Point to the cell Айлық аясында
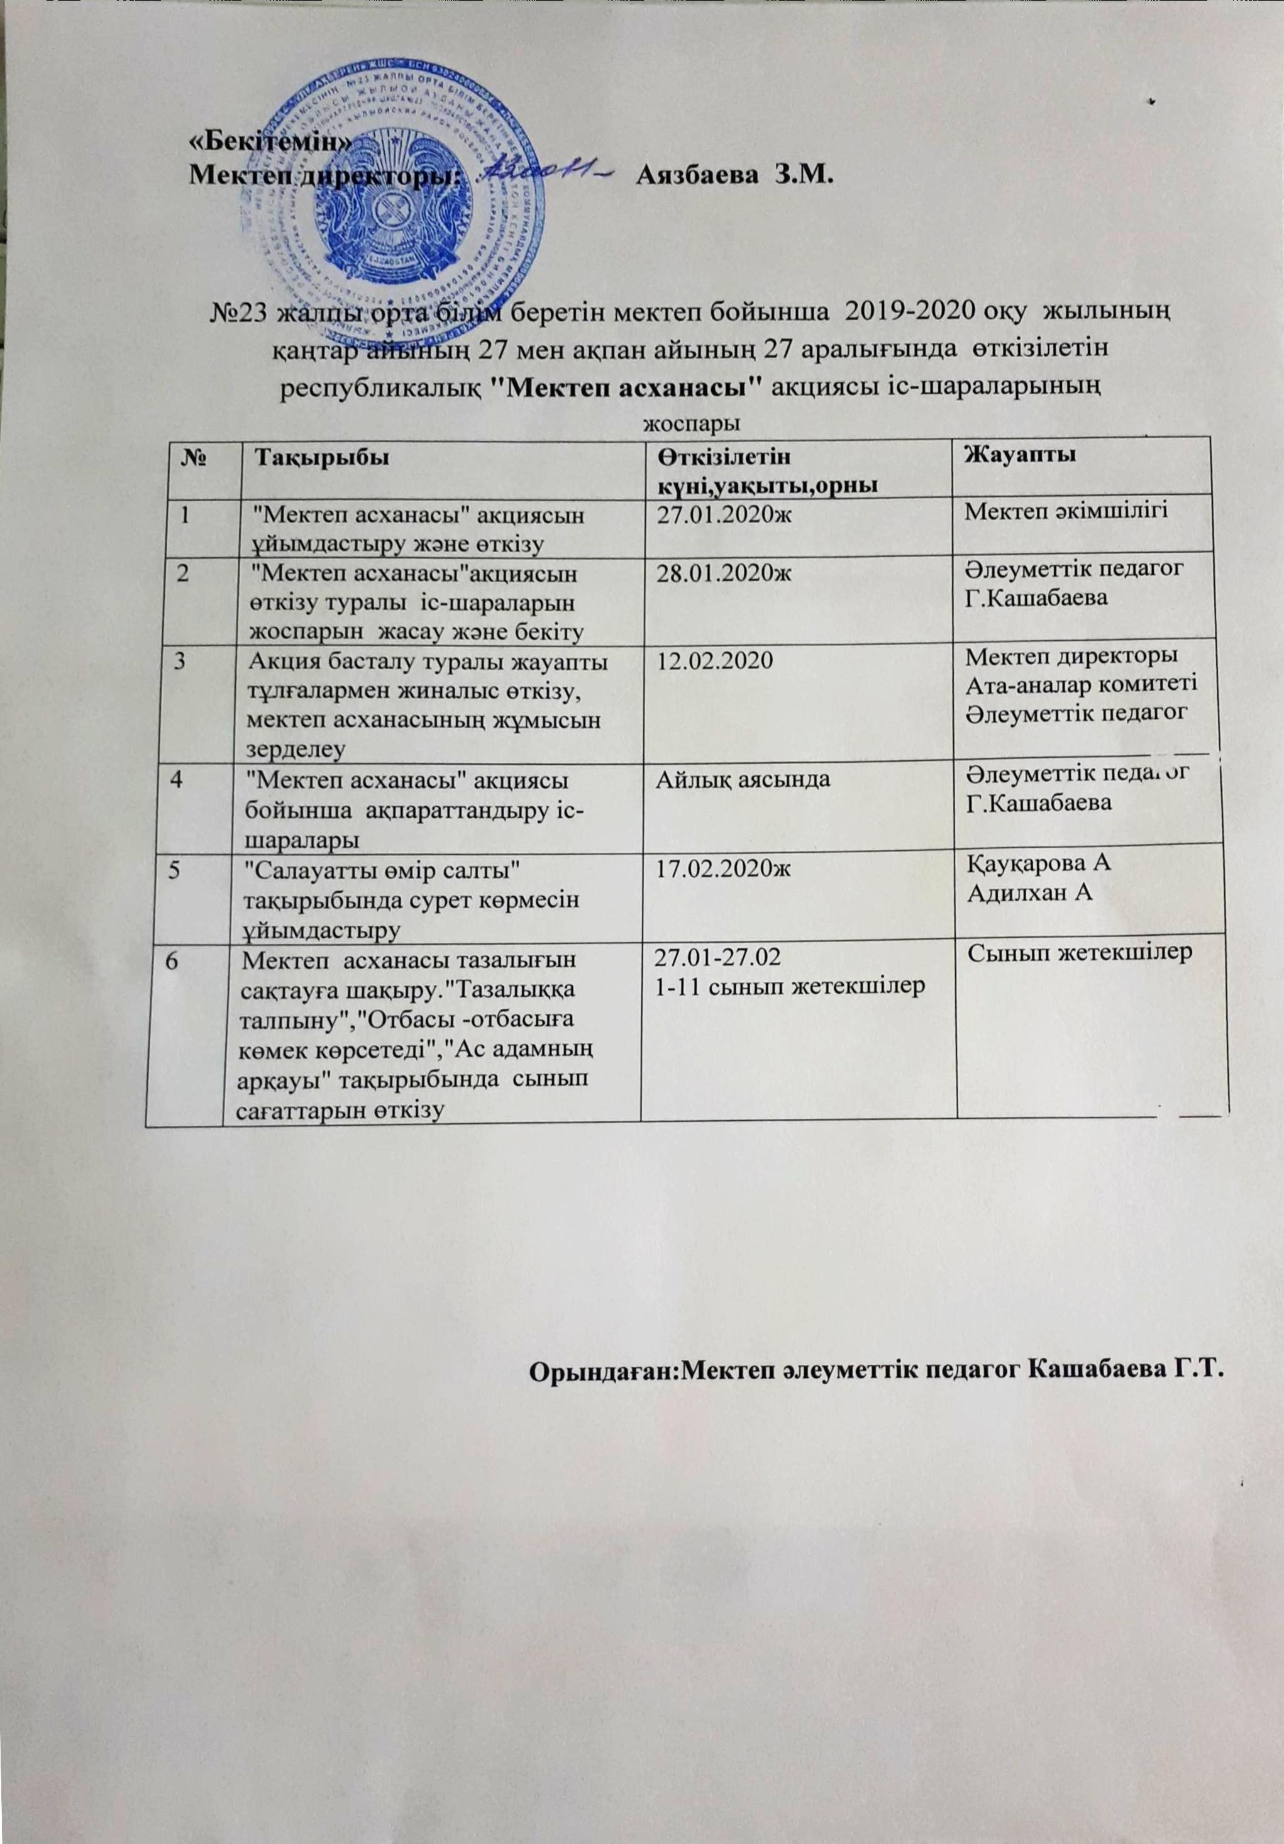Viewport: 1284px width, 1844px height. tap(744, 779)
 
